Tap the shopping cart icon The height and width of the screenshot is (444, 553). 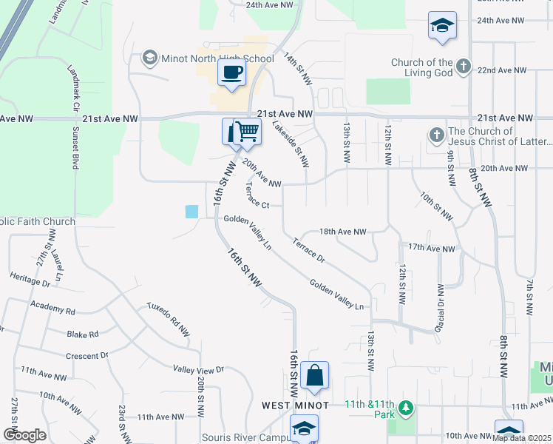(x=247, y=132)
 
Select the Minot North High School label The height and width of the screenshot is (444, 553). (x=211, y=58)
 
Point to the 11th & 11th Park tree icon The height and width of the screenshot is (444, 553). (x=405, y=408)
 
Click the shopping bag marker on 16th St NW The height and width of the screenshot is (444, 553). (x=315, y=375)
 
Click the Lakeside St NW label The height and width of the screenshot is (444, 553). (x=291, y=144)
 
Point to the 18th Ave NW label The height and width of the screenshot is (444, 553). (x=342, y=232)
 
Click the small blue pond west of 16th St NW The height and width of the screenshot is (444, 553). (x=191, y=212)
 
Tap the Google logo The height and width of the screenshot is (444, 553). (x=24, y=434)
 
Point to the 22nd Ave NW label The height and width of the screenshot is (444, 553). (x=501, y=70)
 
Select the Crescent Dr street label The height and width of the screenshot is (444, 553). (x=86, y=356)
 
